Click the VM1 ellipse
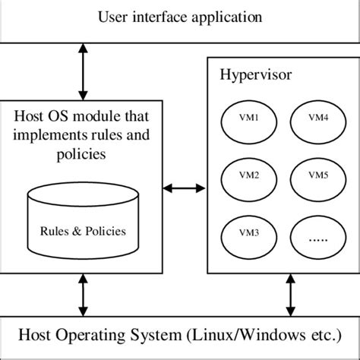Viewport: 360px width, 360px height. coord(247,120)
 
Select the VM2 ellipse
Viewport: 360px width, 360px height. coord(247,176)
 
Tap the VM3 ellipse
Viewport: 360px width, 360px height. coord(247,232)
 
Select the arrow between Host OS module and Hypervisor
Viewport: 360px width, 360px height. coord(186,187)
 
